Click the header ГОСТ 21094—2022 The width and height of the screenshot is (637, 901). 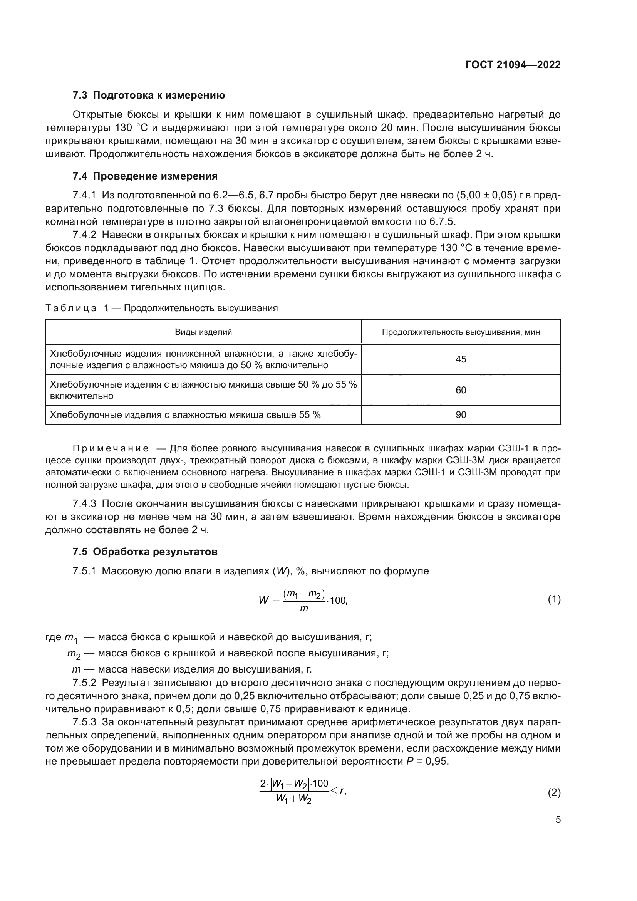[x=513, y=65]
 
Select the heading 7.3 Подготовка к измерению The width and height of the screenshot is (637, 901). [x=149, y=96]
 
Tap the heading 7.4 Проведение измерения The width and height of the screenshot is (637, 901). [x=145, y=176]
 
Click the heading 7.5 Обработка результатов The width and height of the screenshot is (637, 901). [x=145, y=552]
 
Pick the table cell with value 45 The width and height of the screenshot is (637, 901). [x=461, y=359]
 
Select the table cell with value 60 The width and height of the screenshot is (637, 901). [x=461, y=390]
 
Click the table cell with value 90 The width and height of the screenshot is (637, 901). [x=461, y=415]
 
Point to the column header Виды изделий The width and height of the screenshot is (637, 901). [x=203, y=332]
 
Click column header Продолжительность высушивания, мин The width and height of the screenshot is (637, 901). [x=461, y=332]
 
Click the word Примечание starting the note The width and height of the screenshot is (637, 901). [x=111, y=448]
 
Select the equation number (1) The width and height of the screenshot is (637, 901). [x=554, y=599]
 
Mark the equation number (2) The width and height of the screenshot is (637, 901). [x=554, y=793]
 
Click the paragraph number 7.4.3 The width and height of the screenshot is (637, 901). [x=84, y=503]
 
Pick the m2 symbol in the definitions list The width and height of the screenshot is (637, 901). [x=73, y=654]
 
